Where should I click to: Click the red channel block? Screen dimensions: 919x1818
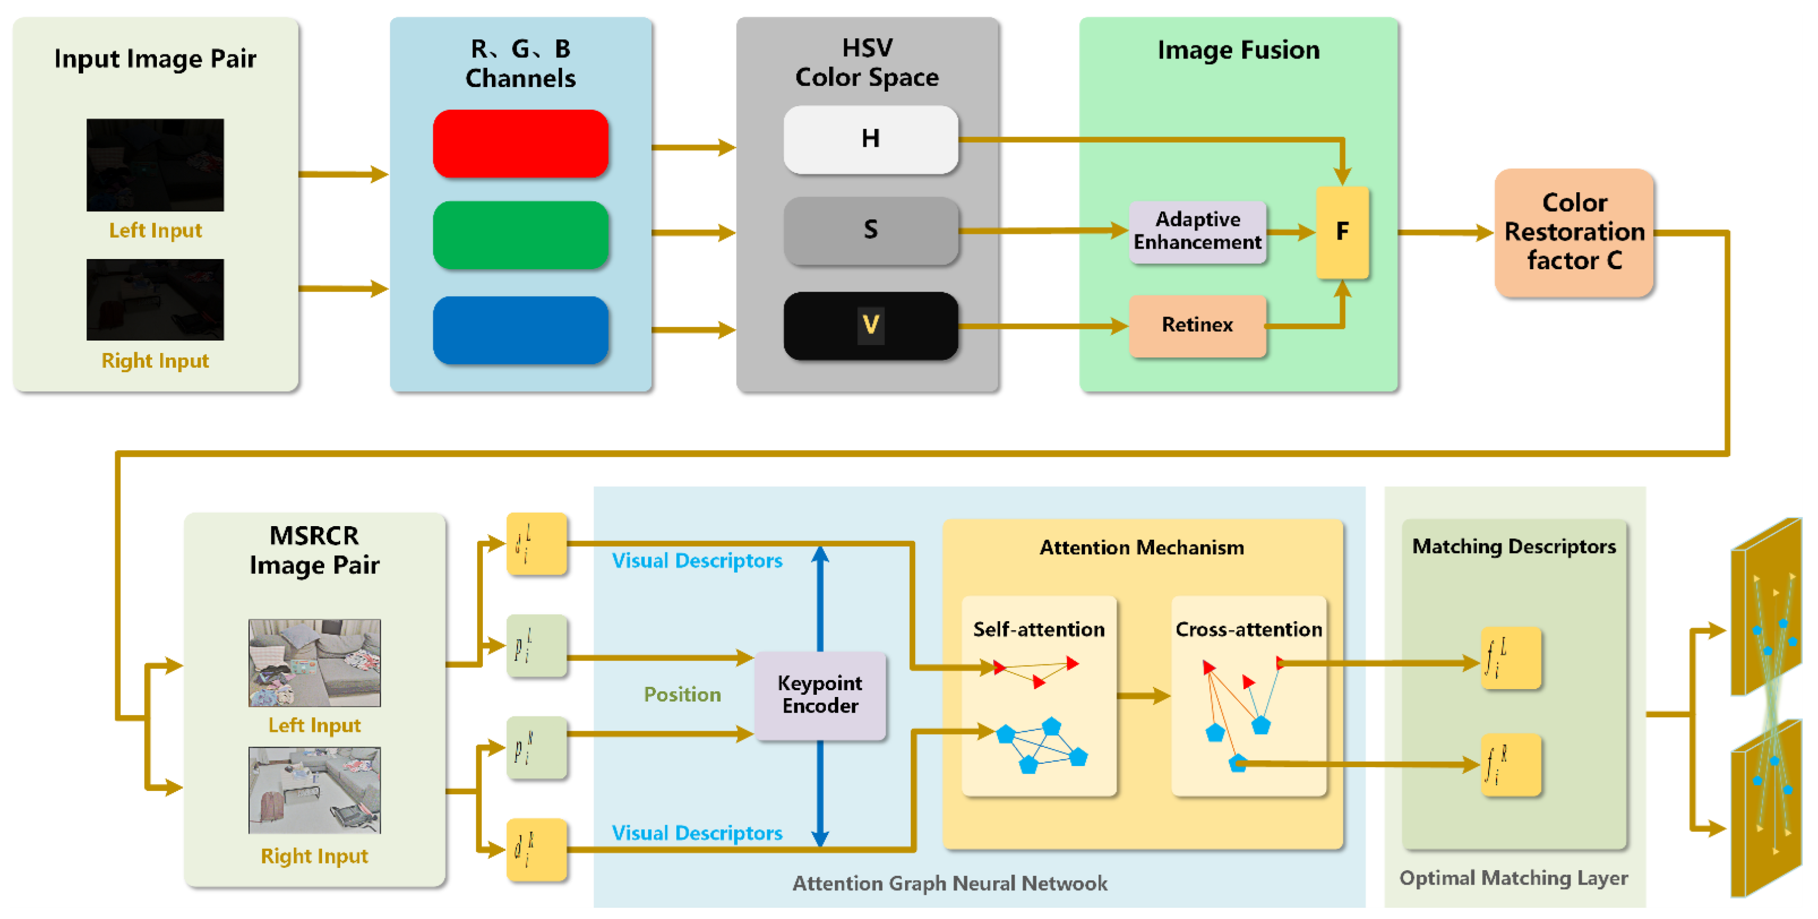(x=520, y=143)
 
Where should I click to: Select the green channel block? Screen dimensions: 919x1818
(x=520, y=234)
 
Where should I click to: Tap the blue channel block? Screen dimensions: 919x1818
(x=520, y=329)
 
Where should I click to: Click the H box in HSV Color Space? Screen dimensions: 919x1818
(x=870, y=139)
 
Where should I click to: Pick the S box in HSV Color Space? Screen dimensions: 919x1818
(x=870, y=230)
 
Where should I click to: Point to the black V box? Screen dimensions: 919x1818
(x=870, y=325)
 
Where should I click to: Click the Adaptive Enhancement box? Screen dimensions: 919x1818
(x=1197, y=232)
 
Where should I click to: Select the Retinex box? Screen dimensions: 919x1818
(x=1197, y=325)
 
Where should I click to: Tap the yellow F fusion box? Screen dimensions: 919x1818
(x=1342, y=232)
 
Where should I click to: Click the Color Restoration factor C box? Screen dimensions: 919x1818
(x=1574, y=232)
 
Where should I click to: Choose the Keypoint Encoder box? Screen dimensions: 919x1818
(x=820, y=695)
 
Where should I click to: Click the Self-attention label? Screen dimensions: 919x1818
(x=1038, y=630)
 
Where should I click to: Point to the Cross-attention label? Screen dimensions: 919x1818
(x=1248, y=630)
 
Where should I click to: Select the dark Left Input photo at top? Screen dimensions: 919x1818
(x=155, y=165)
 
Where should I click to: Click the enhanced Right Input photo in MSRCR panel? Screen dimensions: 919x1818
(x=314, y=790)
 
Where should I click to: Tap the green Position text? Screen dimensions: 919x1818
(x=682, y=695)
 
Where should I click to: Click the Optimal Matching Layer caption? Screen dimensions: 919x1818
(x=1513, y=878)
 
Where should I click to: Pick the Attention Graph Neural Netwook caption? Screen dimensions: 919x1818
(x=949, y=883)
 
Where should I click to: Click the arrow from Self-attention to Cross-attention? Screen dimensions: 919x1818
(x=1143, y=696)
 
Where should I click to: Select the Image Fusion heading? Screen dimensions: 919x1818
(x=1238, y=50)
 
